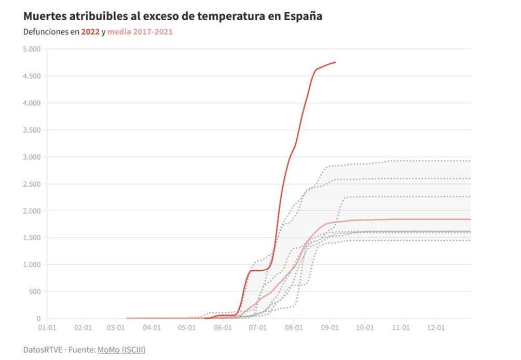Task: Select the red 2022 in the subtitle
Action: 90,32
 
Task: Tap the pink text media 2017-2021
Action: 140,32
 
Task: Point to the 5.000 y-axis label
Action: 32,49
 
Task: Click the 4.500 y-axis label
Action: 32,76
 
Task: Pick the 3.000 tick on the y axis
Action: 32,157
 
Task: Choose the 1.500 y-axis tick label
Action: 32,238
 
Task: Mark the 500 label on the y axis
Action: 35,292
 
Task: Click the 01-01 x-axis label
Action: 47,328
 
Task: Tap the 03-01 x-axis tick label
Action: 115,328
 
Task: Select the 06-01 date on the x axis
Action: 222,328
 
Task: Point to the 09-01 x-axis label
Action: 330,328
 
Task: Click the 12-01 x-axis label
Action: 435,328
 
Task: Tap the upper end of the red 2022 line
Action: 335,63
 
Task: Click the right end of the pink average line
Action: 470,219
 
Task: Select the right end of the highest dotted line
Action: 470,161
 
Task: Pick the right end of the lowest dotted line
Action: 470,240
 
